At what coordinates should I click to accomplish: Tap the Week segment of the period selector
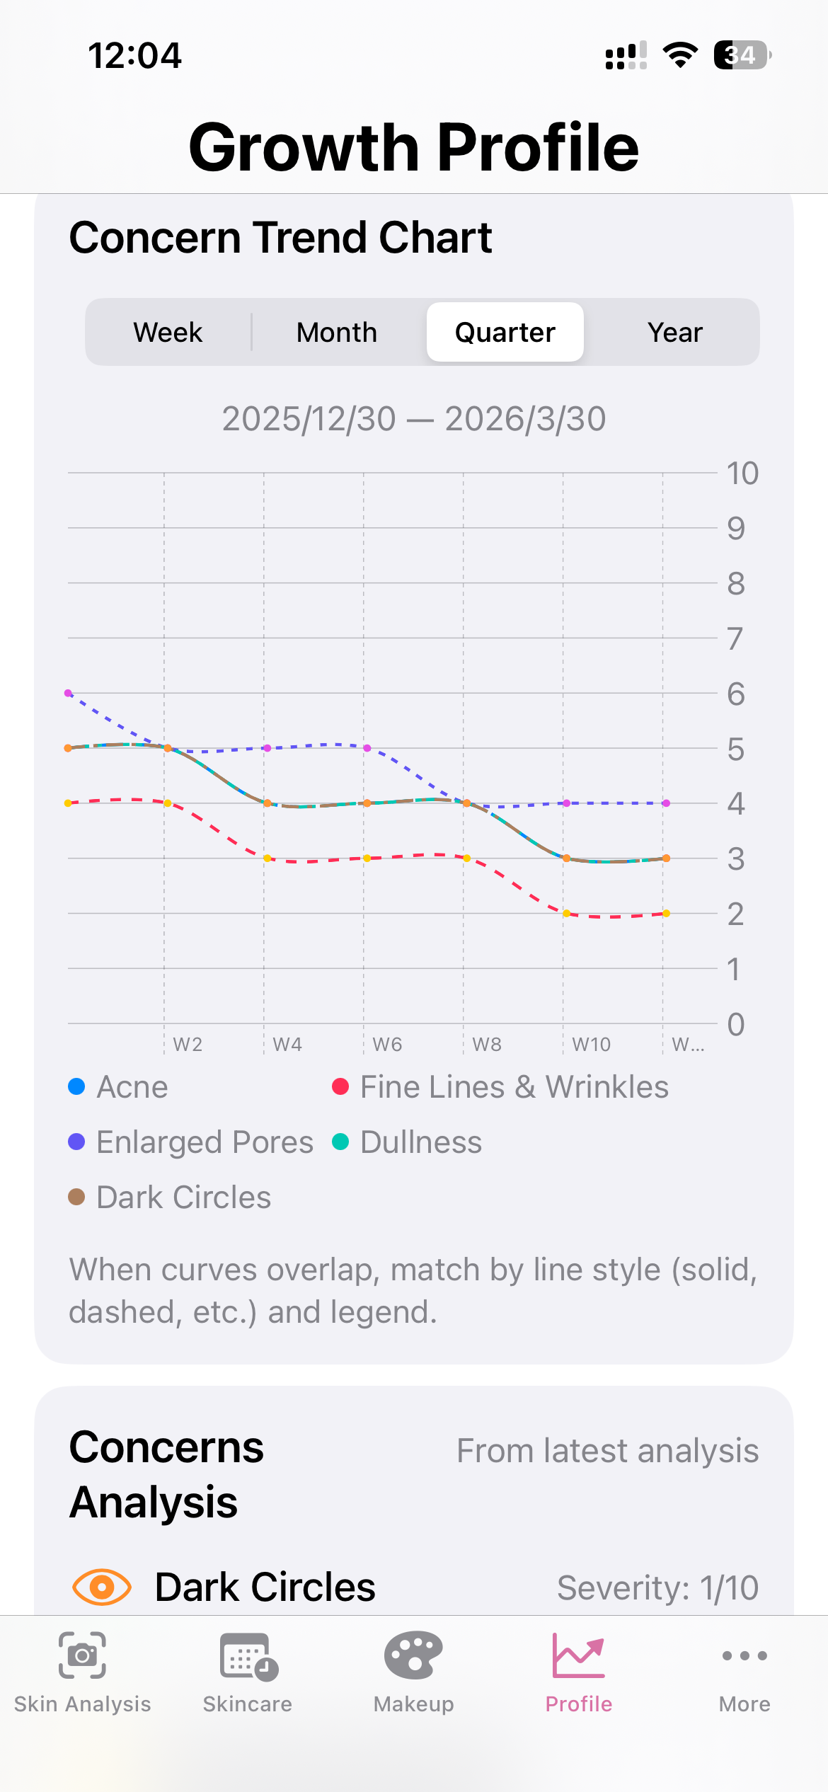click(x=168, y=332)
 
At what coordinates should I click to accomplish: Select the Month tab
click(x=337, y=332)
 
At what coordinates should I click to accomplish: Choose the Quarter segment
click(x=505, y=332)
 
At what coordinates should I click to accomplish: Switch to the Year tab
click(x=674, y=332)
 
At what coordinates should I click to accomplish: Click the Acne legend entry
click(x=119, y=1087)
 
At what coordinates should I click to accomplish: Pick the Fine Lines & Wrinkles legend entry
click(x=500, y=1087)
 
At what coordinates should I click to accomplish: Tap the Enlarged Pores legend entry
click(x=191, y=1142)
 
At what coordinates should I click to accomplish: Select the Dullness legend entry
click(x=408, y=1142)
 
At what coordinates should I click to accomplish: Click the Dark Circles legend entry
click(x=170, y=1197)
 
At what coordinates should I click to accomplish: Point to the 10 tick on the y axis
click(x=742, y=473)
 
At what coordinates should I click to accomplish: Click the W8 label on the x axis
click(x=487, y=1045)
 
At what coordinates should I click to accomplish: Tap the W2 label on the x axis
click(x=188, y=1045)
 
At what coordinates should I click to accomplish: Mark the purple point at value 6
click(x=69, y=693)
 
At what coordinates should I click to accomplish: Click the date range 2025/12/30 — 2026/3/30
click(x=414, y=419)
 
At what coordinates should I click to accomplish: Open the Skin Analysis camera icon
click(x=82, y=1655)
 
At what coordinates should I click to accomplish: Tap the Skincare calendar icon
click(x=248, y=1656)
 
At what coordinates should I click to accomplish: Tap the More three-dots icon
click(x=744, y=1656)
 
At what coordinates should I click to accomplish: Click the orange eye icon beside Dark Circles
click(x=102, y=1587)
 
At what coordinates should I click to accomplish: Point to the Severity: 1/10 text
click(x=657, y=1588)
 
